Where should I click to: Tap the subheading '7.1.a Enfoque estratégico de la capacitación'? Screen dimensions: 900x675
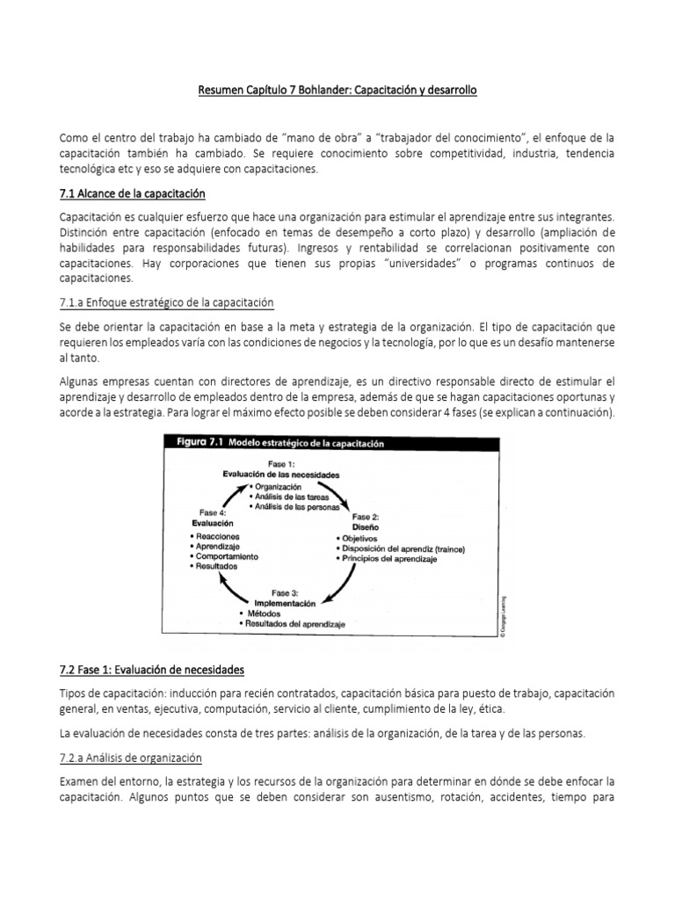166,302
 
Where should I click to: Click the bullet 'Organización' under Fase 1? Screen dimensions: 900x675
279,486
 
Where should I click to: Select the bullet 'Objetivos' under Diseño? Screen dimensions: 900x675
359,537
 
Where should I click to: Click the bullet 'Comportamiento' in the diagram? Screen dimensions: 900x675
227,556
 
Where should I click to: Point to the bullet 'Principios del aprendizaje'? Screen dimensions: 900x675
391,559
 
